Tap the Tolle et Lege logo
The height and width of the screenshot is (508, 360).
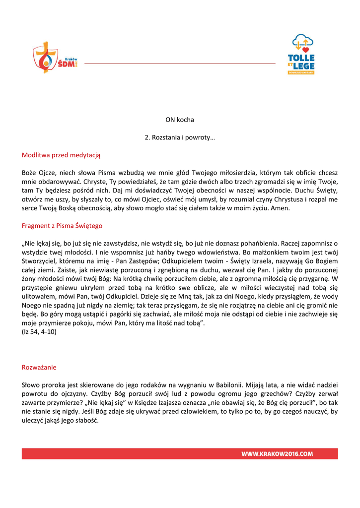301,54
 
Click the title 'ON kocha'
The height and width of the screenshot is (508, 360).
180,120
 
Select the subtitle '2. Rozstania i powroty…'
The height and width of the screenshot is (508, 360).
180,137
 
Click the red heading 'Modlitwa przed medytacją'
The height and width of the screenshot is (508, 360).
61,155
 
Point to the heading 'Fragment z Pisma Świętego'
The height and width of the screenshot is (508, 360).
62,226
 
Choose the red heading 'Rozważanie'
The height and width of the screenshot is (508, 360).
39,367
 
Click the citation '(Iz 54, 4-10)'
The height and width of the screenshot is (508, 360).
39,332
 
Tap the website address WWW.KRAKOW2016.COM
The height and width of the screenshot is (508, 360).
277,453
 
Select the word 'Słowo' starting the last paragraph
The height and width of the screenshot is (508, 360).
31,385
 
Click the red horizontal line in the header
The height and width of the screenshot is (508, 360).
180,63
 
